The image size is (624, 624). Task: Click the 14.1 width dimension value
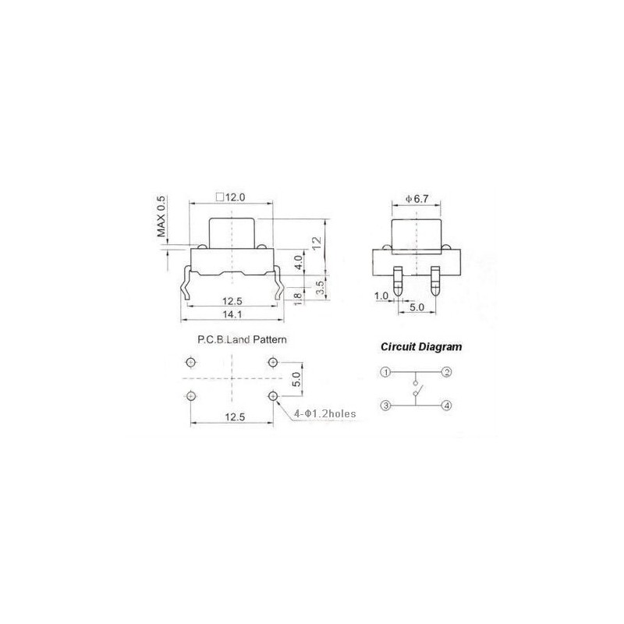232,314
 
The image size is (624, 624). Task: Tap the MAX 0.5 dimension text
161,217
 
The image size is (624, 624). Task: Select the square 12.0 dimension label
230,197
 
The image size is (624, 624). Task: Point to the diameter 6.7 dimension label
417,199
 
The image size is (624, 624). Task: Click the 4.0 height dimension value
299,263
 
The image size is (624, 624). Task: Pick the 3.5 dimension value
321,287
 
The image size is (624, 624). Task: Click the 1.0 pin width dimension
381,296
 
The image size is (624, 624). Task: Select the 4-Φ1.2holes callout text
324,414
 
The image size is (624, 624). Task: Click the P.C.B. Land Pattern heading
242,340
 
